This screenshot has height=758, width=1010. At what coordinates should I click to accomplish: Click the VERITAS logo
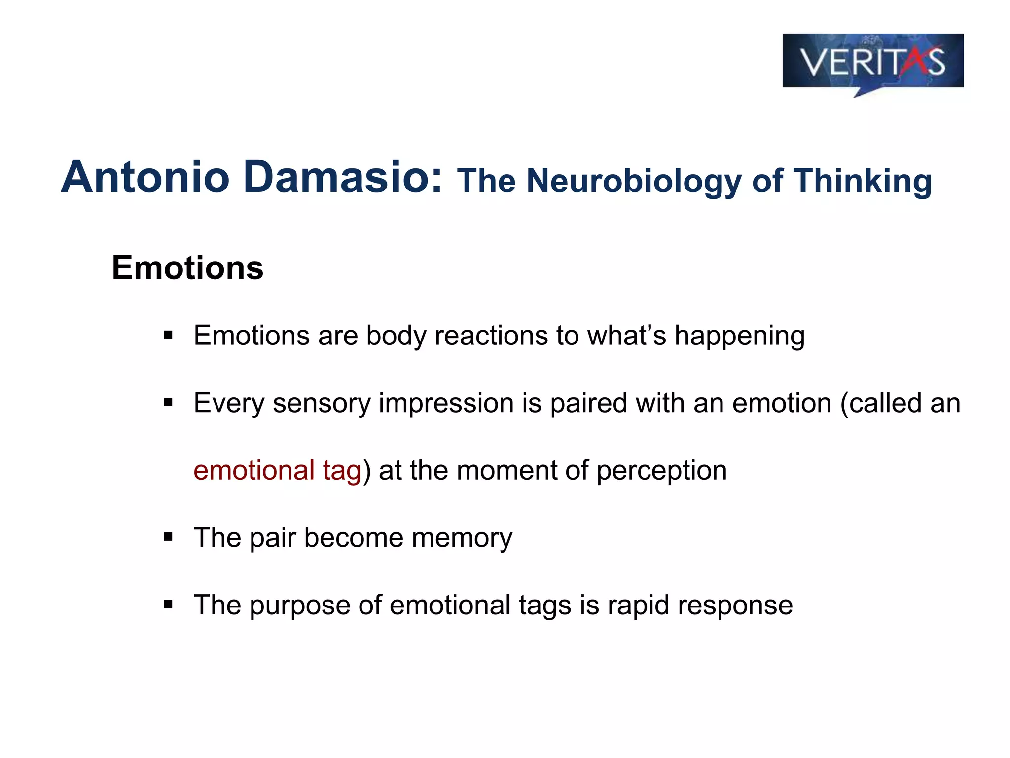point(872,62)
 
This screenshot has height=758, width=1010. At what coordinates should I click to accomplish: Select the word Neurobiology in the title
point(634,182)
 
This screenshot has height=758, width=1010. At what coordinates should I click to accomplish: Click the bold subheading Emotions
point(187,268)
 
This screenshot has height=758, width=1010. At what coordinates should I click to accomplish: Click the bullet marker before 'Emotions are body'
point(168,336)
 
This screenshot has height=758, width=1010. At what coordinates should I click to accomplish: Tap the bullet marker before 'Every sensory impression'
point(168,403)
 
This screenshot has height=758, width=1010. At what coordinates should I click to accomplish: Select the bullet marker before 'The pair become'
point(168,537)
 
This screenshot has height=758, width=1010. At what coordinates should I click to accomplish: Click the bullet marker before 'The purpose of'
point(168,605)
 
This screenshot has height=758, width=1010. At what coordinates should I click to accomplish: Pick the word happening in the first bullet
point(739,337)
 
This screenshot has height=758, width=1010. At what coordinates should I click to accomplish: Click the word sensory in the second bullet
point(322,404)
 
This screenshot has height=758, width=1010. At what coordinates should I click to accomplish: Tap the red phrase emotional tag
point(277,470)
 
